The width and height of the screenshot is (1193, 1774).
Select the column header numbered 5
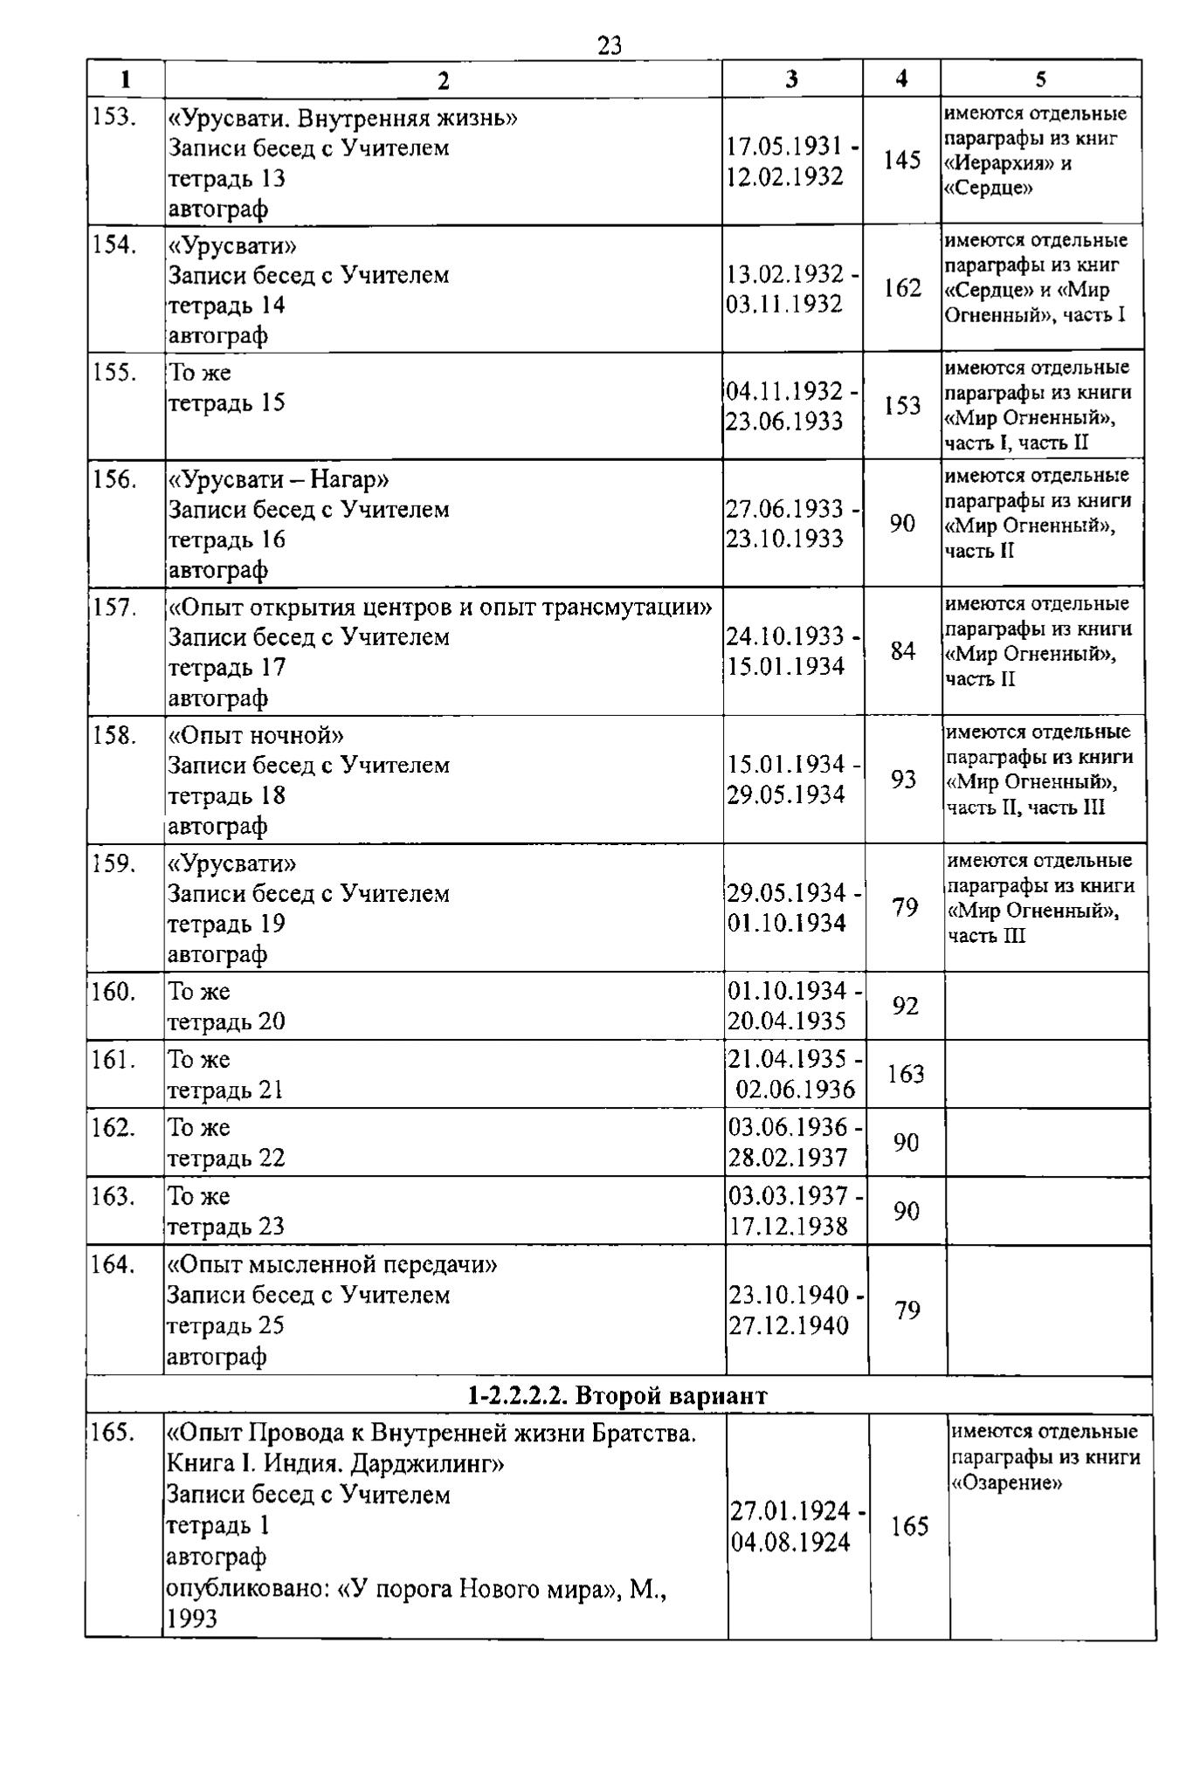[1041, 79]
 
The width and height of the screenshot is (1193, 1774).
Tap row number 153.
[114, 117]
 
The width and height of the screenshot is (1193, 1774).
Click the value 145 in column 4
[902, 161]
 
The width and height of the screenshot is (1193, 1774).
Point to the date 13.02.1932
[785, 274]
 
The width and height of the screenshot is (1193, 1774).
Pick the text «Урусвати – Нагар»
[279, 479]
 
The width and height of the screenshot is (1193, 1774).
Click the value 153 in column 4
[902, 406]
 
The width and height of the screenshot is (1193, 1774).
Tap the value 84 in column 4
[903, 651]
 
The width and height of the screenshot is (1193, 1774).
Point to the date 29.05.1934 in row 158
[786, 794]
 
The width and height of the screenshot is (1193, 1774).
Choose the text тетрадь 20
[226, 1021]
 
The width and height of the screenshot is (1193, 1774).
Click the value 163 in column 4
[906, 1075]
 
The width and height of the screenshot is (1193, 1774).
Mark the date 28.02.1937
[788, 1158]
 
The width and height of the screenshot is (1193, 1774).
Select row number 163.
[114, 1196]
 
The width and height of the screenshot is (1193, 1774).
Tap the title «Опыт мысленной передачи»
[332, 1264]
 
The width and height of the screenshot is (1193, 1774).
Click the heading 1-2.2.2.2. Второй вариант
[617, 1396]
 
